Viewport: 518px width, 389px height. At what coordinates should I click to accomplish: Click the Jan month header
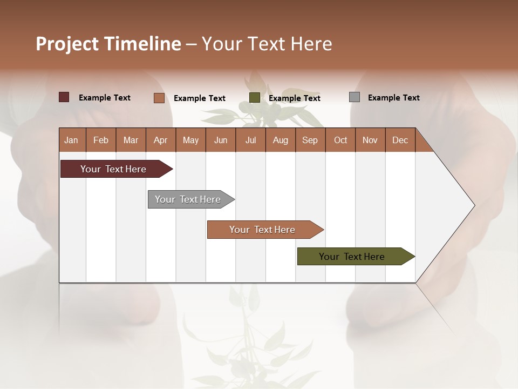(71, 140)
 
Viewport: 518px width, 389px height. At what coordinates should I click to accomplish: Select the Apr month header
(160, 140)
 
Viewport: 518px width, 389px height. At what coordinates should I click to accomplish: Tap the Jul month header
(250, 140)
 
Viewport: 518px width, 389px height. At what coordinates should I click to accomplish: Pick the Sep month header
(310, 140)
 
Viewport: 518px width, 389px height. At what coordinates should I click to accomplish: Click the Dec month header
(400, 140)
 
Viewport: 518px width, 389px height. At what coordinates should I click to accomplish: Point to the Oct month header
(340, 140)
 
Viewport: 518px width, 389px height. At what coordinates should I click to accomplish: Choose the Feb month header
(101, 140)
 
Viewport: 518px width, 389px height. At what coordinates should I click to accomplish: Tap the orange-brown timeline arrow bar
(263, 230)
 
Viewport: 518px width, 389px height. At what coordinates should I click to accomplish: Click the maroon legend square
(64, 97)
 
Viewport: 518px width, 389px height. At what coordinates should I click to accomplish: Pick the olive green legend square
(255, 98)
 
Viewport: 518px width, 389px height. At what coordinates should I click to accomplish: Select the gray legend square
(355, 97)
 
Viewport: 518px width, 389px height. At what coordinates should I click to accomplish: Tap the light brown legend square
(159, 98)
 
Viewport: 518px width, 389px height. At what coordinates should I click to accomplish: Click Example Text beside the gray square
(393, 97)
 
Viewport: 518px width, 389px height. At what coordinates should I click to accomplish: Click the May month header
(190, 140)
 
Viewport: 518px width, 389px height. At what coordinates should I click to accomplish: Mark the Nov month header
(370, 140)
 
